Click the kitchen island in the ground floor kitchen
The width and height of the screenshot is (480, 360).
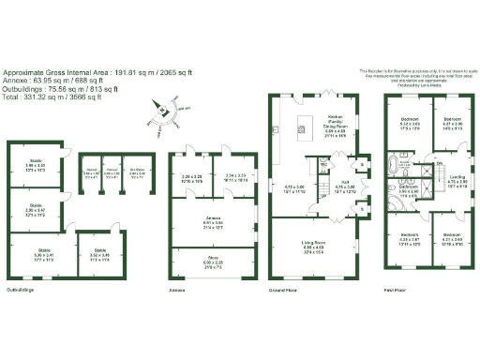coord(304,123)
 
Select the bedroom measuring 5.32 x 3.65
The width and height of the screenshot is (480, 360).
coord(411,123)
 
